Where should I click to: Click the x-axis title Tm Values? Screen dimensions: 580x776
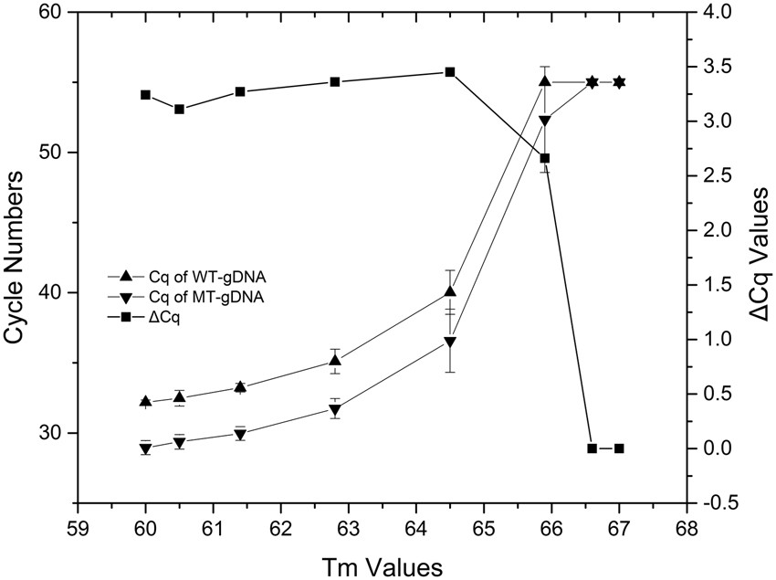tap(382, 565)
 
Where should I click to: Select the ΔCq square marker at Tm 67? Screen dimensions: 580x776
tap(619, 448)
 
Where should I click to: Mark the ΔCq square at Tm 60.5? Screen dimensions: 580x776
tap(180, 109)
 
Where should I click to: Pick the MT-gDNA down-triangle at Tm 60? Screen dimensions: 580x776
tap(146, 448)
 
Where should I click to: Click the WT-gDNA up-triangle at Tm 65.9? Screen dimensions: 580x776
tap(545, 81)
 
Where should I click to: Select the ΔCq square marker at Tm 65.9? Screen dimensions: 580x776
tap(545, 158)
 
